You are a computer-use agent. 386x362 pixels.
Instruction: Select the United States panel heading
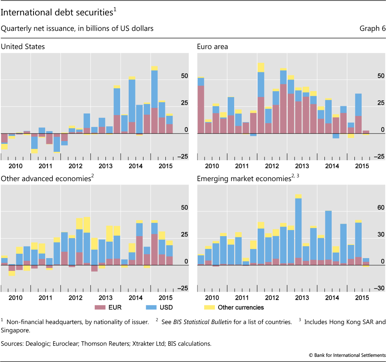click(23, 47)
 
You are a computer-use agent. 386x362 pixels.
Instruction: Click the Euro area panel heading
click(213, 47)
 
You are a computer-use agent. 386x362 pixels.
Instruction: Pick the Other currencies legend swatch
click(209, 307)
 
